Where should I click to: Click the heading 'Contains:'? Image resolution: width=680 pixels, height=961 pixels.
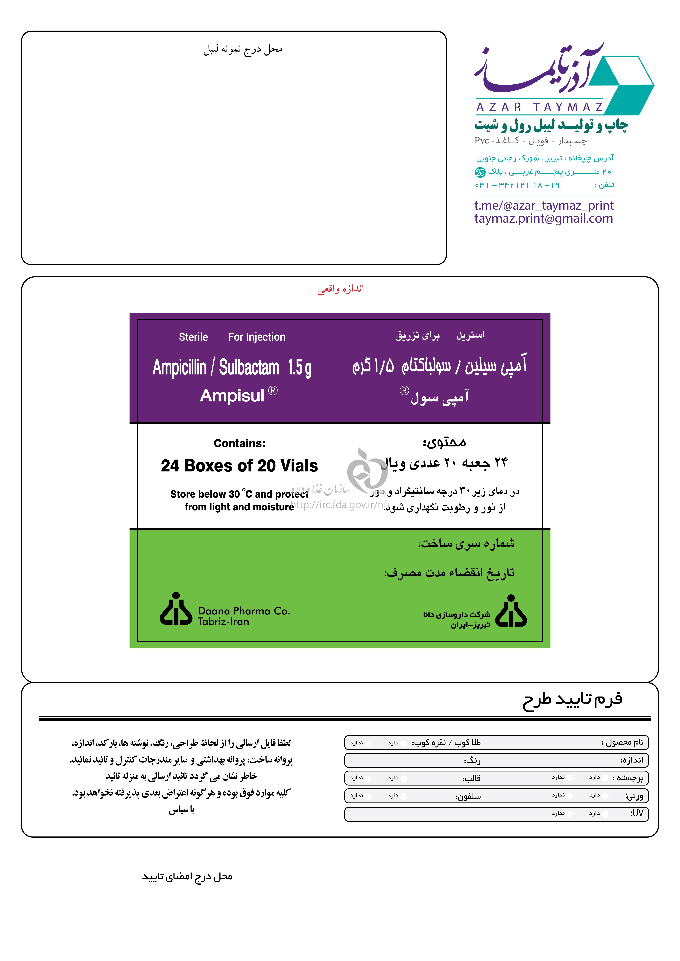click(x=239, y=443)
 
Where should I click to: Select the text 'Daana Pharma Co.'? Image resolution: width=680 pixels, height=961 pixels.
click(x=244, y=611)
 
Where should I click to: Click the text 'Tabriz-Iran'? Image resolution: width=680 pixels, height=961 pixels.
click(x=223, y=622)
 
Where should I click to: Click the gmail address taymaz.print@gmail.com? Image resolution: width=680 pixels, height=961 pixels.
click(x=543, y=218)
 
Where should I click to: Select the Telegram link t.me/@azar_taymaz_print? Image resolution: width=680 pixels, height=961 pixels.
click(x=543, y=205)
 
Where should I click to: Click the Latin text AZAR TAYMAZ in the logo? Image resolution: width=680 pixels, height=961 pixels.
click(x=539, y=108)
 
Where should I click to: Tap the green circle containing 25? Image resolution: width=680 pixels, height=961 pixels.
click(x=480, y=172)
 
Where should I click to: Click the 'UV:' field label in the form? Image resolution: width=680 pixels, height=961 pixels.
click(x=637, y=813)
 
